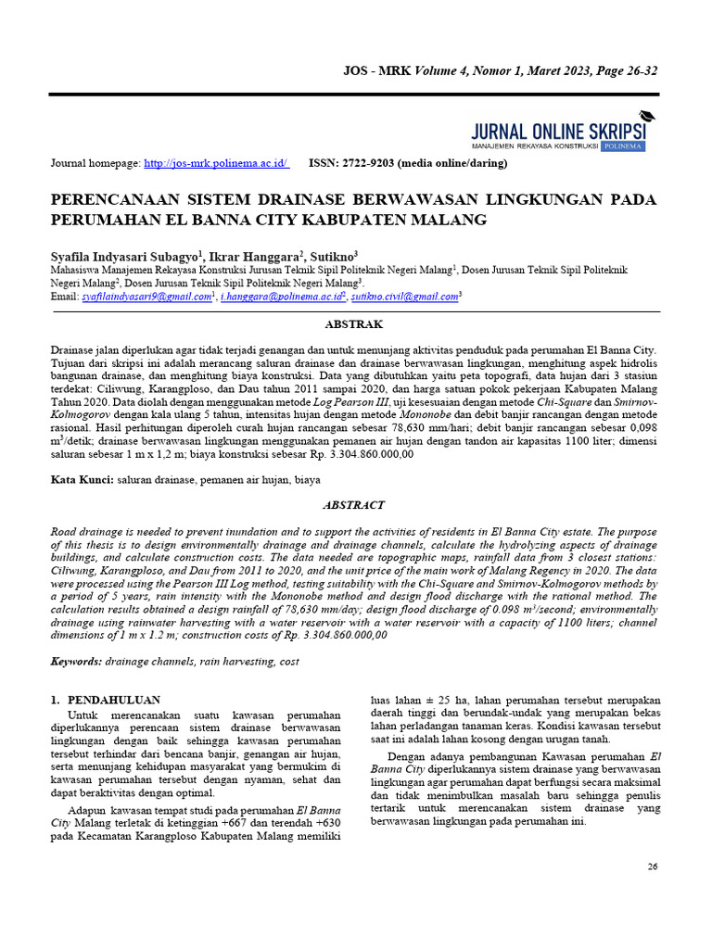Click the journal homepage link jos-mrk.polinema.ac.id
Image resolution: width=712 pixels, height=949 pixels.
tap(216, 163)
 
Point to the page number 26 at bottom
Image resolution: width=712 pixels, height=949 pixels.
tap(651, 866)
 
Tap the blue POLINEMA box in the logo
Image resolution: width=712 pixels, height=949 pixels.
tap(623, 146)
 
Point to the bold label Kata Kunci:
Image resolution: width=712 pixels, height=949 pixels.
tap(82, 480)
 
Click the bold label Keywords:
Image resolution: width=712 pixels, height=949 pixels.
tap(77, 663)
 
